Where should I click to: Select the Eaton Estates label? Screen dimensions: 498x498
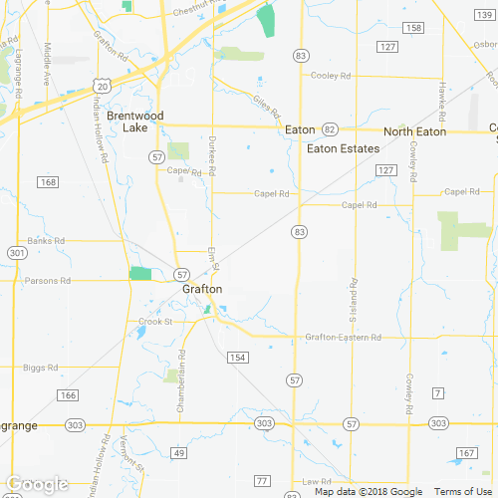344,148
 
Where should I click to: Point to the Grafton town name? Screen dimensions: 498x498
202,290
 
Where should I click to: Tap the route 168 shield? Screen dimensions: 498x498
49,181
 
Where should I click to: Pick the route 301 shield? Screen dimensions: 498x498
16,253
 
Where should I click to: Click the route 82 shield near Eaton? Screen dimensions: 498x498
330,129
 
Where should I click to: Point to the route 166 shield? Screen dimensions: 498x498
67,396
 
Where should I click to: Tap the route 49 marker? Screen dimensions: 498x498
179,453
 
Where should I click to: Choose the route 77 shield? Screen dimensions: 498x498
262,481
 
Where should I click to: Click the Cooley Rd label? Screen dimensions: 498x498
332,76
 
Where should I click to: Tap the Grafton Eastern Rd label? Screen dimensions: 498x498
344,338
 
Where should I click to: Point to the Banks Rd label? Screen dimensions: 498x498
46,241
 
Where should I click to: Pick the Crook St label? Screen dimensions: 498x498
155,322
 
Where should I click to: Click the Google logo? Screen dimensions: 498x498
36,485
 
